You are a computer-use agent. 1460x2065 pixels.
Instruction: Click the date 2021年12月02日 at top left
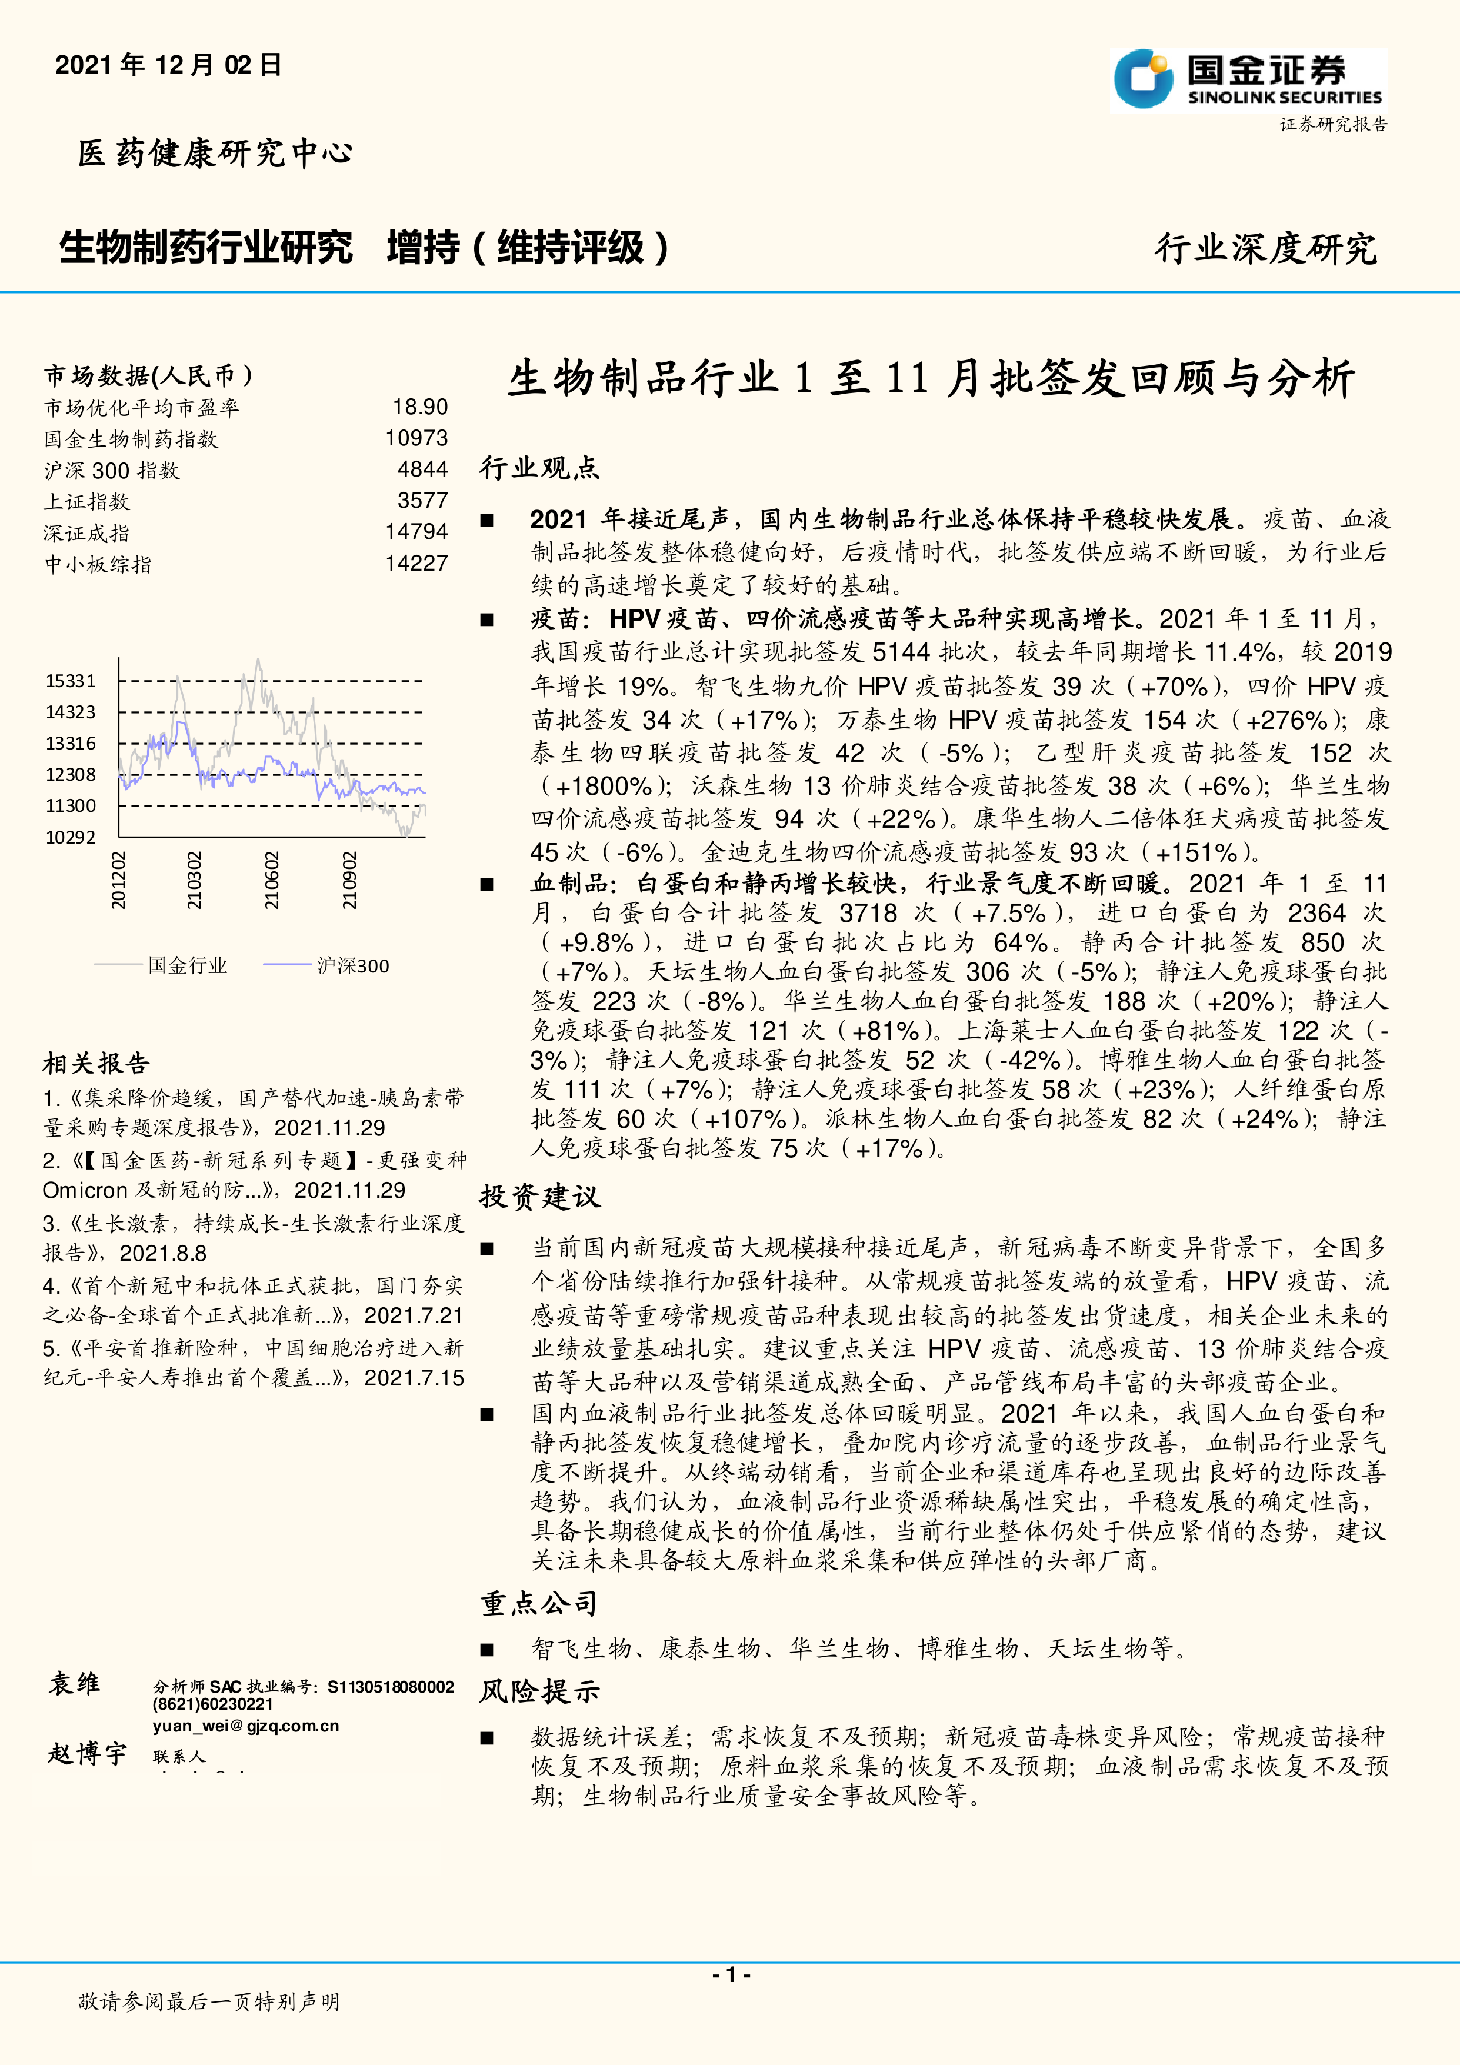[168, 65]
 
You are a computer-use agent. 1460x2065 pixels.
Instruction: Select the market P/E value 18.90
[420, 408]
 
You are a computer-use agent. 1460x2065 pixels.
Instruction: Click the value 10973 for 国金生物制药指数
[416, 439]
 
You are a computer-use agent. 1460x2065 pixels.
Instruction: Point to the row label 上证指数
[87, 502]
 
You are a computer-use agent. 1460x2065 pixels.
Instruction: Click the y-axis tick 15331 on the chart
[70, 681]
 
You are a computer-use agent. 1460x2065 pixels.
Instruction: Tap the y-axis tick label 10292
[70, 837]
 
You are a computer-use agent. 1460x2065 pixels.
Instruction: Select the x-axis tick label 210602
[272, 881]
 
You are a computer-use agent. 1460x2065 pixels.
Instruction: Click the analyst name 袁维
[75, 1684]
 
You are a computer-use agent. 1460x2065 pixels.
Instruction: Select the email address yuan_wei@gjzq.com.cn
[245, 1726]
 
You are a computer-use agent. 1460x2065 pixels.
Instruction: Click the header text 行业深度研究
[1265, 249]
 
